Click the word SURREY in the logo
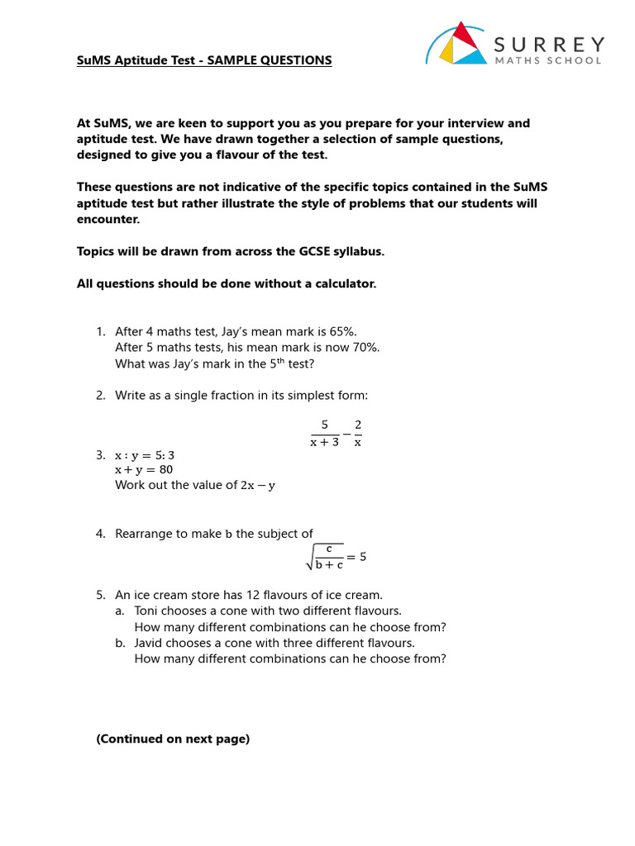pos(548,44)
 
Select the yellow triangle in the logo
pos(448,54)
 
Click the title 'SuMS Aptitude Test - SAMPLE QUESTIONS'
pos(204,60)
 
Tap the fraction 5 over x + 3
pos(325,433)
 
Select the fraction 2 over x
pos(358,433)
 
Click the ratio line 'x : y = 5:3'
pos(145,454)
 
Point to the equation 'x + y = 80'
pos(144,469)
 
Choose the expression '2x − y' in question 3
pos(258,485)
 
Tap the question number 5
pos(100,595)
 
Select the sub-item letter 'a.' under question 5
pos(121,611)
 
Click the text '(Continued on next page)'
pos(173,739)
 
